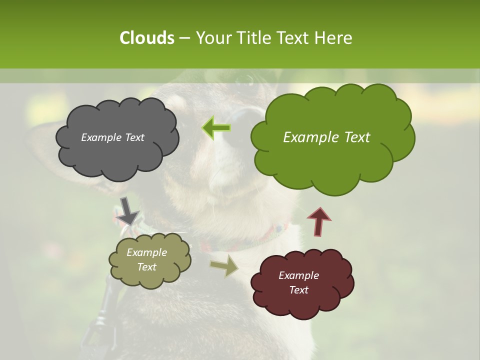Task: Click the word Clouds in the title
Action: pyautogui.click(x=146, y=38)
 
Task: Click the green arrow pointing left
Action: pyautogui.click(x=216, y=128)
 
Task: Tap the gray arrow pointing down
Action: pyautogui.click(x=127, y=210)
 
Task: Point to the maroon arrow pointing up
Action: pyautogui.click(x=319, y=221)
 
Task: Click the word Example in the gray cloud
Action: pyautogui.click(x=100, y=137)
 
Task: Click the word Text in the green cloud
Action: pyautogui.click(x=353, y=137)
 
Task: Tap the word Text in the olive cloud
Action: pyautogui.click(x=146, y=267)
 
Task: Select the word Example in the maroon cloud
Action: pyautogui.click(x=298, y=275)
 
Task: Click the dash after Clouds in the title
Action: pyautogui.click(x=184, y=38)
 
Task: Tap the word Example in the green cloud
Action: pyautogui.click(x=307, y=137)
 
